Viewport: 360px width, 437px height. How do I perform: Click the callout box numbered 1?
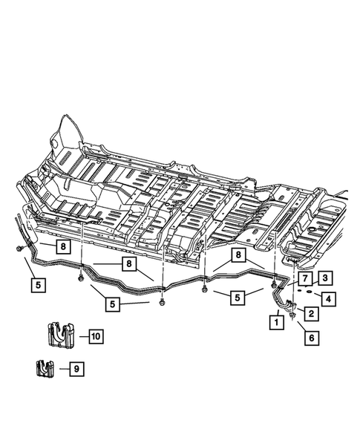click(275, 322)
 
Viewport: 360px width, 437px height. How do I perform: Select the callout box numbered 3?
click(326, 278)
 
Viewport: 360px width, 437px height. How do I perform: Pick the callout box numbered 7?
click(304, 278)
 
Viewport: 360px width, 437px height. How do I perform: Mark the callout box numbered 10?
click(95, 336)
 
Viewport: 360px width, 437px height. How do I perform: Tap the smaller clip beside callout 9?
click(45, 369)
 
